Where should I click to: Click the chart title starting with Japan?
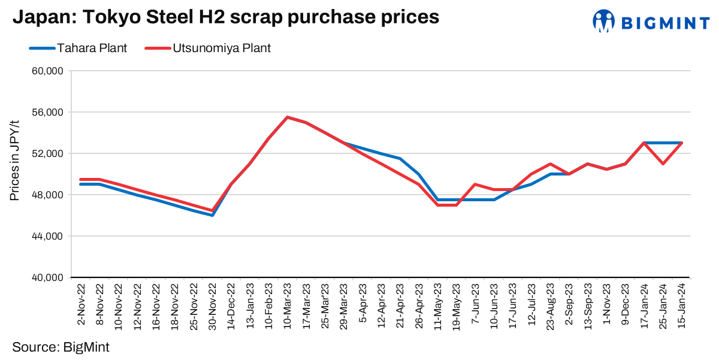tap(226, 17)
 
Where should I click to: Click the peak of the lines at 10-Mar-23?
tap(288, 117)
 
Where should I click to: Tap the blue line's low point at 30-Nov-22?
tap(212, 215)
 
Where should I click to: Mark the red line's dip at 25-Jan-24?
tap(663, 164)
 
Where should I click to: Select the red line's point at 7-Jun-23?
tap(475, 184)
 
